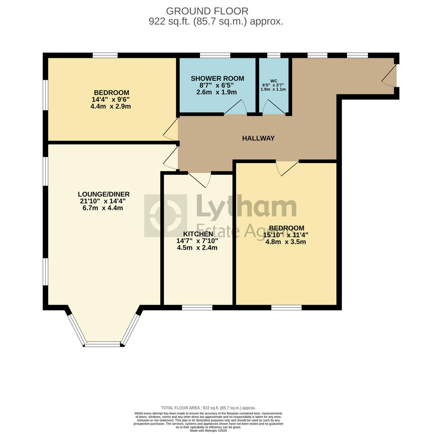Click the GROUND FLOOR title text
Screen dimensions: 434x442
coord(207,11)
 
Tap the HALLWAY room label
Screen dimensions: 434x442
coord(258,138)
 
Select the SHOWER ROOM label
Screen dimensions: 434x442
coord(217,78)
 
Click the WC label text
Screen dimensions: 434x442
coord(273,81)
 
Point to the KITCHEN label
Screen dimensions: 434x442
coord(198,234)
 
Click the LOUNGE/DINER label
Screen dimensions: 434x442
coord(104,194)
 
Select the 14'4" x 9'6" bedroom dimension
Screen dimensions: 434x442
coord(111,99)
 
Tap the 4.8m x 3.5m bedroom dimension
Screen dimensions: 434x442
coord(285,242)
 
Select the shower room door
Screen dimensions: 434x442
coord(236,107)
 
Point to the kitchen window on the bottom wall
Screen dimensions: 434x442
coord(197,307)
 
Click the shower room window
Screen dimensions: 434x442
coord(215,55)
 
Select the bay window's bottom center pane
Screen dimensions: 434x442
coord(103,344)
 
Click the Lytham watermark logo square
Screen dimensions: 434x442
coord(165,216)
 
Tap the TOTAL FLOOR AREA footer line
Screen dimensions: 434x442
coord(208,408)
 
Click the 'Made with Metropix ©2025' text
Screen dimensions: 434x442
coord(208,430)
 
